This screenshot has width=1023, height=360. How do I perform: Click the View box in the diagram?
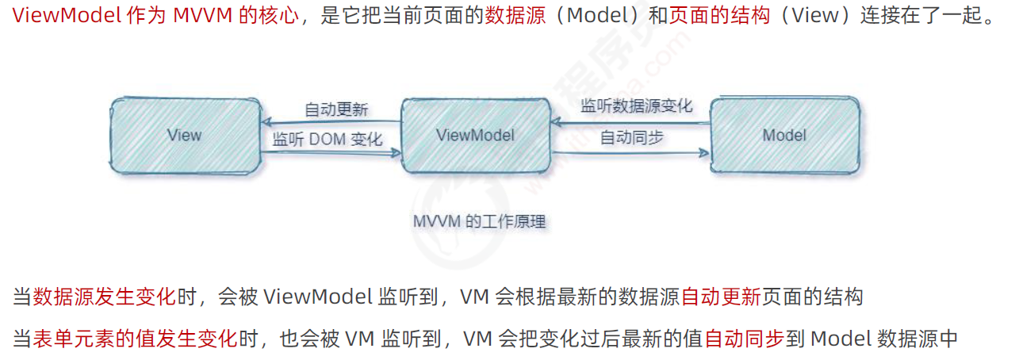(185, 135)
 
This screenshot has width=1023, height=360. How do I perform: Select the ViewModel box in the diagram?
(475, 135)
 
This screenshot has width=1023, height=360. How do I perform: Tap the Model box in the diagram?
(784, 135)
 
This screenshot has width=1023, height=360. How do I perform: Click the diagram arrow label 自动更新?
(336, 109)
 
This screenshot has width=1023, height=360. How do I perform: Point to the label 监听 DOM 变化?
(328, 140)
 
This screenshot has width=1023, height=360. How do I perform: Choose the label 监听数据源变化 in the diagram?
(636, 106)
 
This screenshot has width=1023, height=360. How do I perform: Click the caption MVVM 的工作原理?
(479, 221)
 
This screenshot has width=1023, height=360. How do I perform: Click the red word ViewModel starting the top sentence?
(67, 17)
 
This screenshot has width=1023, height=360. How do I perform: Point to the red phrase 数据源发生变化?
(104, 297)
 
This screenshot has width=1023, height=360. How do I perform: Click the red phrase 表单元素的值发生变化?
(135, 339)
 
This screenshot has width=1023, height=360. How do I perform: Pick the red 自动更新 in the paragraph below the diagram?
(721, 297)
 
